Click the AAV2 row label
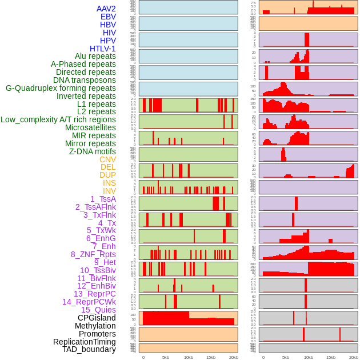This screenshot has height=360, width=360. [x=106, y=9]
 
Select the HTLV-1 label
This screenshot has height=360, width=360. [x=102, y=49]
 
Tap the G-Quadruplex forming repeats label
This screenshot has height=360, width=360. [x=61, y=88]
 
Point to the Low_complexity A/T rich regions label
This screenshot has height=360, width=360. [x=58, y=119]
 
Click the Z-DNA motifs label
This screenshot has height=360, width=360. [x=92, y=151]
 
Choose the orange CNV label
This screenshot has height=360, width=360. [x=107, y=159]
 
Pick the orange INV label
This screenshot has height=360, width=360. [x=109, y=191]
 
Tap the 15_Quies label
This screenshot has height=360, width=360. [x=98, y=310]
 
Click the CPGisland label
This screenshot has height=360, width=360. [x=97, y=318]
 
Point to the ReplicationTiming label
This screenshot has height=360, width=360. [x=84, y=342]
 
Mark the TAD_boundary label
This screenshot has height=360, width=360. [x=89, y=349]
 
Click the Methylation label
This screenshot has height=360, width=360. [x=95, y=326]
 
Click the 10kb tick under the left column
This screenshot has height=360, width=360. [x=189, y=357]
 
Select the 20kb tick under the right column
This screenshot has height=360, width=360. [x=354, y=357]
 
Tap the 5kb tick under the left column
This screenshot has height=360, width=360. [x=166, y=357]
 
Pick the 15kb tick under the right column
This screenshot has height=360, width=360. [x=331, y=357]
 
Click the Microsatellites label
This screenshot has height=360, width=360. [x=90, y=127]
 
